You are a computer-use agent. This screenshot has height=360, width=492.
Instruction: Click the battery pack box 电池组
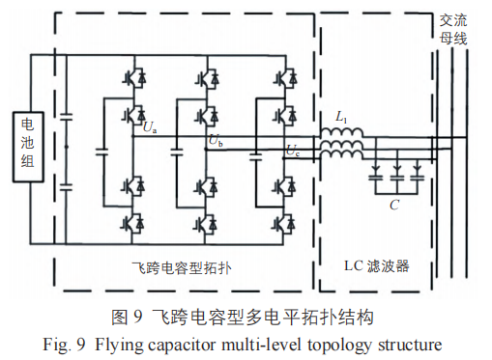[28, 147]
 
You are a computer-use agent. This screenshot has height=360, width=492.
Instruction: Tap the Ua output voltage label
[150, 128]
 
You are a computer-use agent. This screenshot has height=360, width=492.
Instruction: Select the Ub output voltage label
[216, 141]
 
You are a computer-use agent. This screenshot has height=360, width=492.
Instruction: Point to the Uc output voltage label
[293, 151]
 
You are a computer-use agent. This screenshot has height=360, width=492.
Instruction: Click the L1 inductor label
[341, 117]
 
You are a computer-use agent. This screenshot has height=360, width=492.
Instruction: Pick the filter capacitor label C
[394, 205]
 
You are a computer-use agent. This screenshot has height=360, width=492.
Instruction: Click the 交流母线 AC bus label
[453, 30]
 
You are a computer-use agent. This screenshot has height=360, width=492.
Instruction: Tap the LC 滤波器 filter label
[377, 266]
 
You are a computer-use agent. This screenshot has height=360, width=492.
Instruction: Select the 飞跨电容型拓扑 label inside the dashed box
[182, 267]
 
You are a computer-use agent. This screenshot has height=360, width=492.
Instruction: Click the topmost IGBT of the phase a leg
[134, 78]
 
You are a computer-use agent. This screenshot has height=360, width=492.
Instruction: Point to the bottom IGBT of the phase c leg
[284, 224]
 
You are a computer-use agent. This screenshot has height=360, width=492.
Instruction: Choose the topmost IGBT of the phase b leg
[207, 78]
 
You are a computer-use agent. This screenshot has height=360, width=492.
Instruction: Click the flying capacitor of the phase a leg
[103, 152]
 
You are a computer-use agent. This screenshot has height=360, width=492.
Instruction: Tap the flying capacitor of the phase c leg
[256, 157]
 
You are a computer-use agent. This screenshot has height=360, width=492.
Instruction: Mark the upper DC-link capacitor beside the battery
[66, 117]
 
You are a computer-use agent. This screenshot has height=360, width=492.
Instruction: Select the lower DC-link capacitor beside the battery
[66, 186]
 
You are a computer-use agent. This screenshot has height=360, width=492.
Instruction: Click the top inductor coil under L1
[341, 132]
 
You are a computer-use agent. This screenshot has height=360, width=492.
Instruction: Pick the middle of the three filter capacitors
[397, 178]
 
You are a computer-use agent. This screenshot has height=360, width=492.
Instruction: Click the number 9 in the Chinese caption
[137, 318]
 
